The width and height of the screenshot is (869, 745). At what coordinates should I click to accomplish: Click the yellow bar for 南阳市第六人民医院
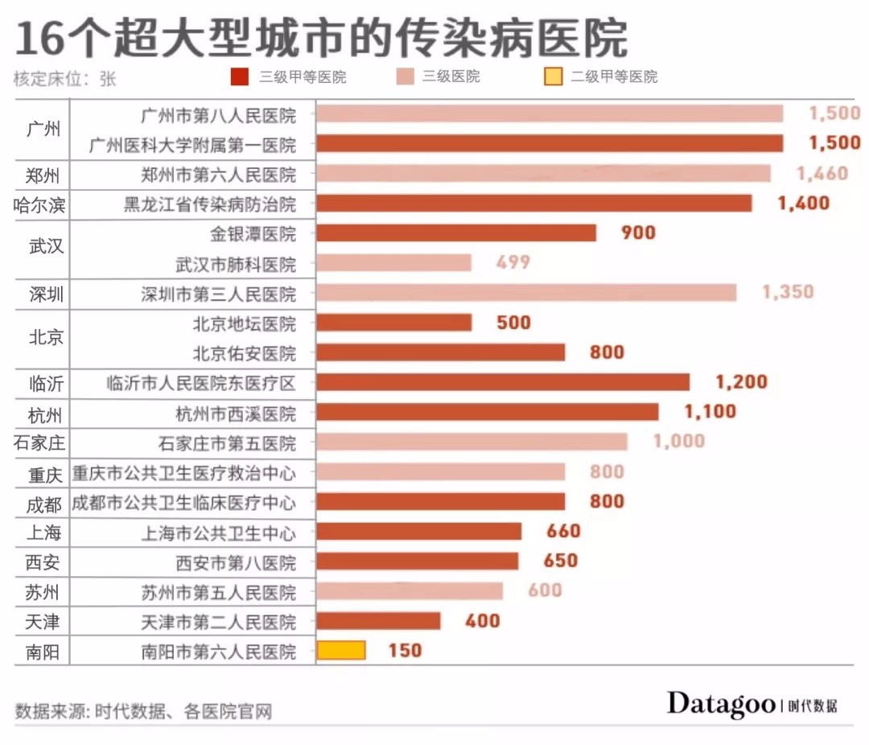pos(341,650)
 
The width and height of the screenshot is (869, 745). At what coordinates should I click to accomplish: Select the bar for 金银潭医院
pos(456,233)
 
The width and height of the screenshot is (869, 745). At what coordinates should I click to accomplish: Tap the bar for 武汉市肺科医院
pos(394,262)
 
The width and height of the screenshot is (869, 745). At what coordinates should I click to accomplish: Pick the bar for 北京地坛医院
pos(394,322)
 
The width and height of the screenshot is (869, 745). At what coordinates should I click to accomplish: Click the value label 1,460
pos(822,174)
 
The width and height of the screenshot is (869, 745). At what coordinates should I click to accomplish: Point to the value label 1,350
pos(788,291)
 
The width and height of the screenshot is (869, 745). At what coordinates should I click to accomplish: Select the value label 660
pos(563,531)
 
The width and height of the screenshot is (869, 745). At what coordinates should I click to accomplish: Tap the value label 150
pos(405,650)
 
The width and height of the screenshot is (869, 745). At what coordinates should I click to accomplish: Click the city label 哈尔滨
pos(39,205)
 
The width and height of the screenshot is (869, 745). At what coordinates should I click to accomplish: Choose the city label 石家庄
pos(39,443)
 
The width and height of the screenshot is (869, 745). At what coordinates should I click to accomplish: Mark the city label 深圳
pos(47,294)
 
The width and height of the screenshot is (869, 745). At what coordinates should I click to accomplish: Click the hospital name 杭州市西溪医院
pos(236,414)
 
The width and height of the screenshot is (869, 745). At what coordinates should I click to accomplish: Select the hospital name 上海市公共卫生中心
pos(219,533)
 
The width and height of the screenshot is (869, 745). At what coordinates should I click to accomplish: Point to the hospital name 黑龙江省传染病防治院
pos(210,204)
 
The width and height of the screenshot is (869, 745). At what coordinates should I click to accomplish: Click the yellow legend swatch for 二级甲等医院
pos(553,76)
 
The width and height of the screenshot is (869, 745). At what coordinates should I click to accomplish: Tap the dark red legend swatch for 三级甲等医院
pos(240,76)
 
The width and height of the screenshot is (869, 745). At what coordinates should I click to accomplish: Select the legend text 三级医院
pos(451,76)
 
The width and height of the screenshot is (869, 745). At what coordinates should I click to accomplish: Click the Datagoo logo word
pos(721,704)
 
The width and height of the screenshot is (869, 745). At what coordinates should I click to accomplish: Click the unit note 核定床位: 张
pos(65,79)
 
